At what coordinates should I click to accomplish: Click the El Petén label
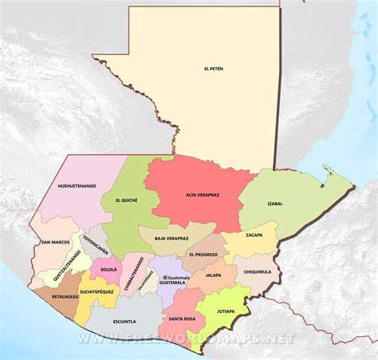click(214, 69)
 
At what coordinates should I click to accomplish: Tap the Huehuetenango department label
click(77, 186)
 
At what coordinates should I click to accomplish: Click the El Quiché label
click(127, 200)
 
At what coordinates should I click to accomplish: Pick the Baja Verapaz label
click(171, 238)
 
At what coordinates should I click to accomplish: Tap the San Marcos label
click(56, 241)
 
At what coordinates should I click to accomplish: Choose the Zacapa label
click(254, 235)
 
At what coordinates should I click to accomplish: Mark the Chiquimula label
click(257, 271)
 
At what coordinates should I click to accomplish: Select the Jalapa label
click(213, 275)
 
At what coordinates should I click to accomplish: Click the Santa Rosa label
click(183, 318)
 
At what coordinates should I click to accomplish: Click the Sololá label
click(108, 270)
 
